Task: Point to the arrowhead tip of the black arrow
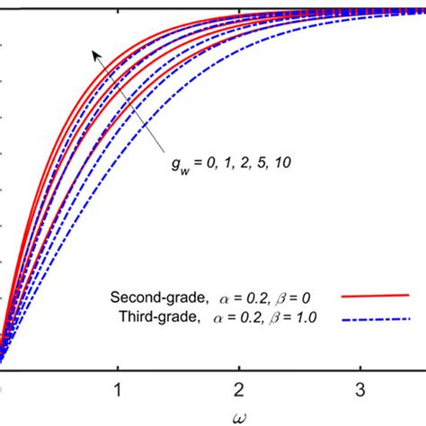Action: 92,52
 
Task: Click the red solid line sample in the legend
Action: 375,295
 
